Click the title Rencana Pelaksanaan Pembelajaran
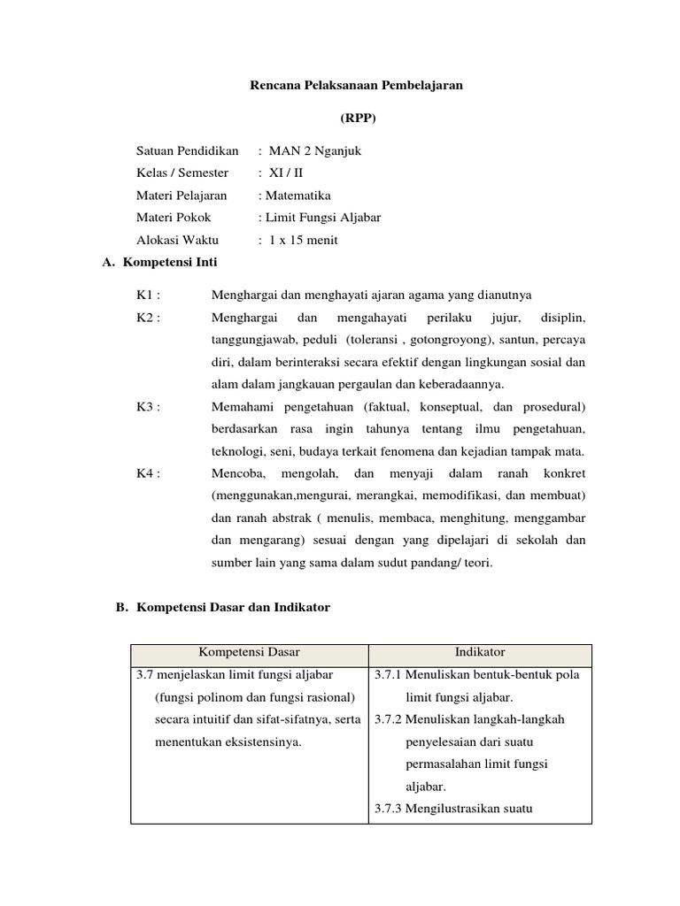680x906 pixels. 354,86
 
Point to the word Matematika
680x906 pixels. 297,196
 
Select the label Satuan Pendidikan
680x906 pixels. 188,150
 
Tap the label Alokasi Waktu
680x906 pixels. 177,240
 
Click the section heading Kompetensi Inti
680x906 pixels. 170,263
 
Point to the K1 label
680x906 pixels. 148,295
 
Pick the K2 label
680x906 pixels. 148,317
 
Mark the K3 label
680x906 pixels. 148,406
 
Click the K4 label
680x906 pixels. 148,473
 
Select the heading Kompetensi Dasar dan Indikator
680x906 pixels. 233,608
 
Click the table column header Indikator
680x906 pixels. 480,652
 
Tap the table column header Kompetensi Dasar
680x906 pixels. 249,652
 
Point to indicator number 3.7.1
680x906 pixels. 388,675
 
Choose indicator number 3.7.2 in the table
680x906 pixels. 388,719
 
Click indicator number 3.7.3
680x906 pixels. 388,809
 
